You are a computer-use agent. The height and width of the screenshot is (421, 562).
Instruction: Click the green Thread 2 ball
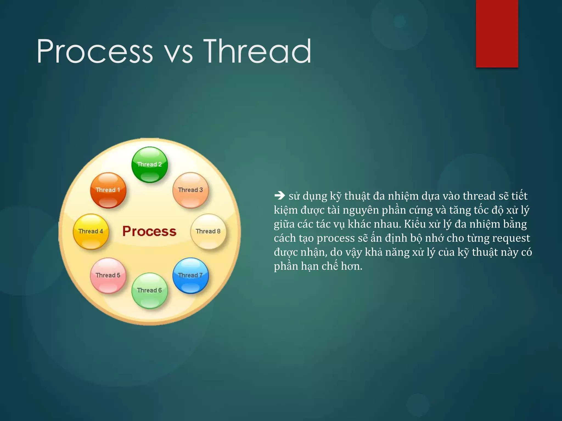tap(150, 164)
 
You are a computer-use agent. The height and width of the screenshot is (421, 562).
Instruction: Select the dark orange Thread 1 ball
tap(108, 190)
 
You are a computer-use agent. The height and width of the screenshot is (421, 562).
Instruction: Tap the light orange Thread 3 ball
tap(190, 190)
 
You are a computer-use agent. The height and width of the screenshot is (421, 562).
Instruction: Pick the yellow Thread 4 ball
tap(91, 231)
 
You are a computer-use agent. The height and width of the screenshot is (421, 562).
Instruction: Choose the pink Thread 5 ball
tap(108, 275)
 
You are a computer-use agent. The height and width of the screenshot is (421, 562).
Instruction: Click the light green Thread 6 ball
tap(150, 290)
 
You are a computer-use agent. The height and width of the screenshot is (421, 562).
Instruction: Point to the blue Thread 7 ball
tap(190, 275)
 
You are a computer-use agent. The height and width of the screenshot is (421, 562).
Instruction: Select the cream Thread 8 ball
tap(208, 231)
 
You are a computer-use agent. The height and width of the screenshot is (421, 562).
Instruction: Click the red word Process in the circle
tap(149, 231)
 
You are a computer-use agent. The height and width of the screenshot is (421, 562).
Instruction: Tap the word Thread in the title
tap(257, 51)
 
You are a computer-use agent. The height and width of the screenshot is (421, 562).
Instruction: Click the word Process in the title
tap(95, 51)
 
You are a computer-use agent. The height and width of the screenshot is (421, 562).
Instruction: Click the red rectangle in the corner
tap(497, 33)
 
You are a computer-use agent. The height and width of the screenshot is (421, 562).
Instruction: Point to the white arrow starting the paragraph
tap(280, 196)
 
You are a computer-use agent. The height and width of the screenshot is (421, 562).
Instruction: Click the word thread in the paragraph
tap(479, 196)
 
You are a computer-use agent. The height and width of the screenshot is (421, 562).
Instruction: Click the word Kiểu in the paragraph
tap(415, 224)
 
